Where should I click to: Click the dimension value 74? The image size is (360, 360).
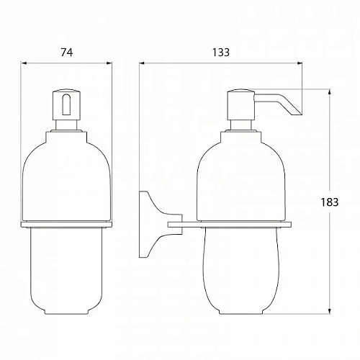point(66,52)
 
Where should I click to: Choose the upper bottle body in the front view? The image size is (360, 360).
point(66,176)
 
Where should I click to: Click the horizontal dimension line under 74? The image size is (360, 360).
point(66,62)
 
